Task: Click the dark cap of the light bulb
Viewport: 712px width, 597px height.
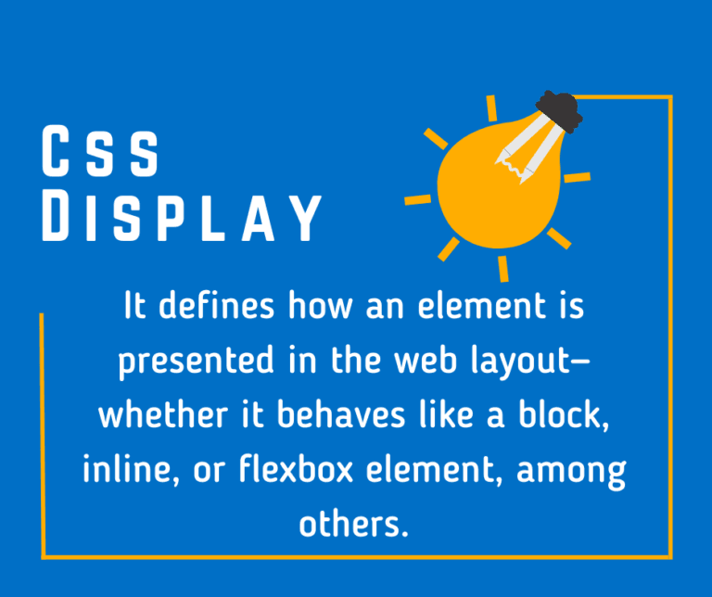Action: coord(559,112)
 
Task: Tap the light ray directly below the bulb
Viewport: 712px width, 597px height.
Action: coord(502,268)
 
